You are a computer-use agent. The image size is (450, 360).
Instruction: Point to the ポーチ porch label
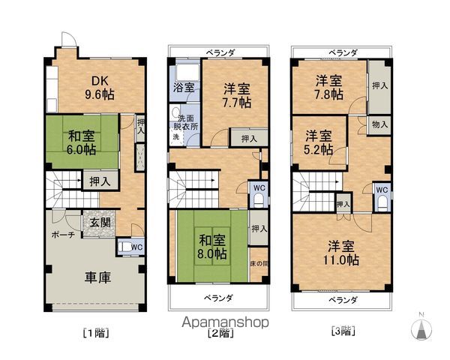61,235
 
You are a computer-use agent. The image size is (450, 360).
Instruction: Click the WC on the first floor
134,245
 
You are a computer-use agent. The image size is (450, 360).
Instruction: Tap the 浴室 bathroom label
183,88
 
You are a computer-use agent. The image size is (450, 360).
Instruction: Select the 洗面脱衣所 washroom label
184,122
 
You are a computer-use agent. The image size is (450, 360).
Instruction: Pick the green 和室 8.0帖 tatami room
212,247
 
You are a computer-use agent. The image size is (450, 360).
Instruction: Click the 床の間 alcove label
258,263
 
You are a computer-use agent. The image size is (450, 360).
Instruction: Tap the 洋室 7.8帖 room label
329,87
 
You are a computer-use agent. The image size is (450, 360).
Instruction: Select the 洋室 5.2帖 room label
319,142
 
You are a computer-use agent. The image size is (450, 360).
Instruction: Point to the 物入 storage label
379,125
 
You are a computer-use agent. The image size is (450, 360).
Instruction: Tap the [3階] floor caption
341,331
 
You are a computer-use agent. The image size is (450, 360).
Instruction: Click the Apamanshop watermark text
225,321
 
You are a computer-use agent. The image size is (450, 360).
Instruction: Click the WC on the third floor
380,190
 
